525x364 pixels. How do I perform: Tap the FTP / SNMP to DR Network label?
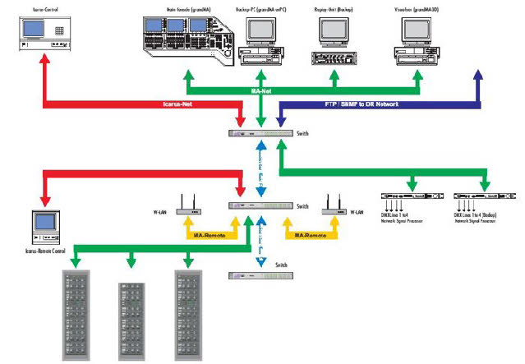[x=357, y=105]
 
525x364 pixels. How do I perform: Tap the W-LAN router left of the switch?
[x=191, y=205]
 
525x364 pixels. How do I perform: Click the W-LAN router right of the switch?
[x=333, y=205]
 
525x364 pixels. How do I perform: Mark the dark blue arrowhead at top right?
[x=479, y=76]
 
